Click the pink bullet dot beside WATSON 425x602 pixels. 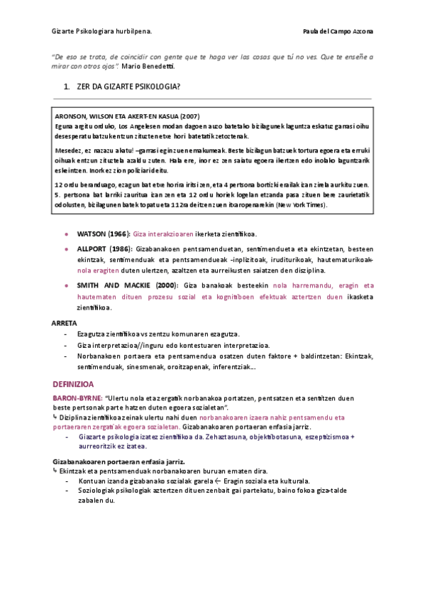click(x=66, y=234)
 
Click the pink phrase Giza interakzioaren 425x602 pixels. click(x=162, y=234)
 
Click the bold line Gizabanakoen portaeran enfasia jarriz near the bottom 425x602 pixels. click(x=115, y=461)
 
